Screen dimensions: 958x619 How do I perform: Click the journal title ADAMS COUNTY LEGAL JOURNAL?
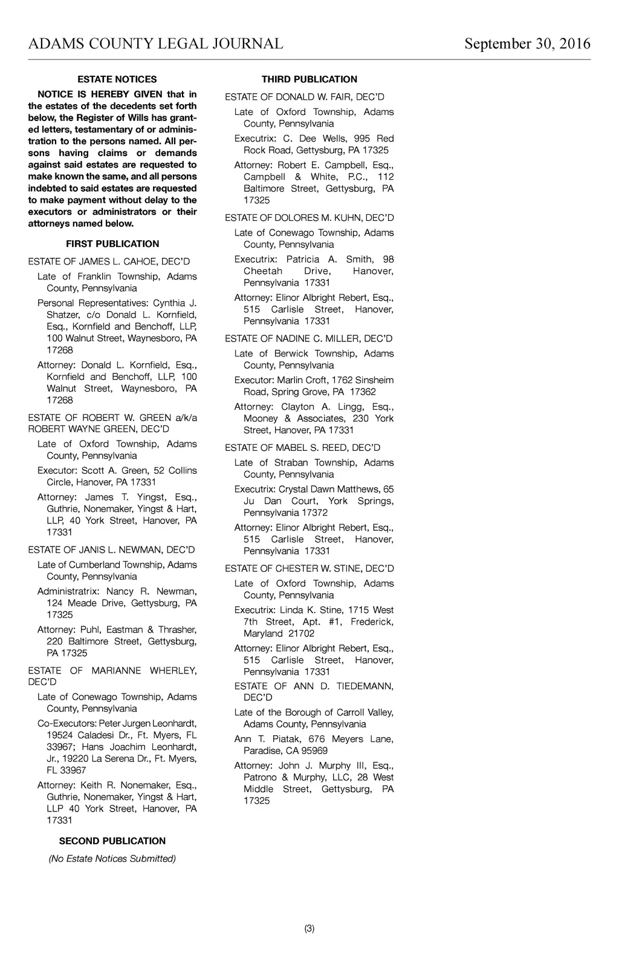tap(155, 44)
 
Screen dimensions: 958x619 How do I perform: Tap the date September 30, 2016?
tap(527, 44)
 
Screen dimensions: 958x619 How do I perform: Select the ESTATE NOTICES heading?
tap(117, 79)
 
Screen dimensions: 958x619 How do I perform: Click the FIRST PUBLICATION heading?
tap(112, 244)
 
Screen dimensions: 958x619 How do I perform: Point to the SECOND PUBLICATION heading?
tap(112, 841)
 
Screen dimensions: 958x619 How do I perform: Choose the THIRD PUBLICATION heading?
tap(309, 79)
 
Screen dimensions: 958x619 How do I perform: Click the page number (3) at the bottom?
tap(309, 929)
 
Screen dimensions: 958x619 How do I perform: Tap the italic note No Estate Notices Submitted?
tap(112, 859)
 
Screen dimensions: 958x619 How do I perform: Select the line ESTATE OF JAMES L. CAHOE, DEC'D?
tap(109, 261)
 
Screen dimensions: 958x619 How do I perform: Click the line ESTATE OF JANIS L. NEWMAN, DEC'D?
tap(111, 550)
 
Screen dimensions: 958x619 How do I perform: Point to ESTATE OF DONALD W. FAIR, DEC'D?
tap(304, 97)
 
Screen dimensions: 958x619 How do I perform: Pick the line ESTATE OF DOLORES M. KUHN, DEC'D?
tap(309, 218)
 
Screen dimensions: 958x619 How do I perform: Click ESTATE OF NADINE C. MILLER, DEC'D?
tap(308, 338)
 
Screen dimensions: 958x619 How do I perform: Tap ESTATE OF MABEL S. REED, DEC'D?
tap(302, 448)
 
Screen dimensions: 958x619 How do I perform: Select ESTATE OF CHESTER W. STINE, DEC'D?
tap(309, 569)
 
